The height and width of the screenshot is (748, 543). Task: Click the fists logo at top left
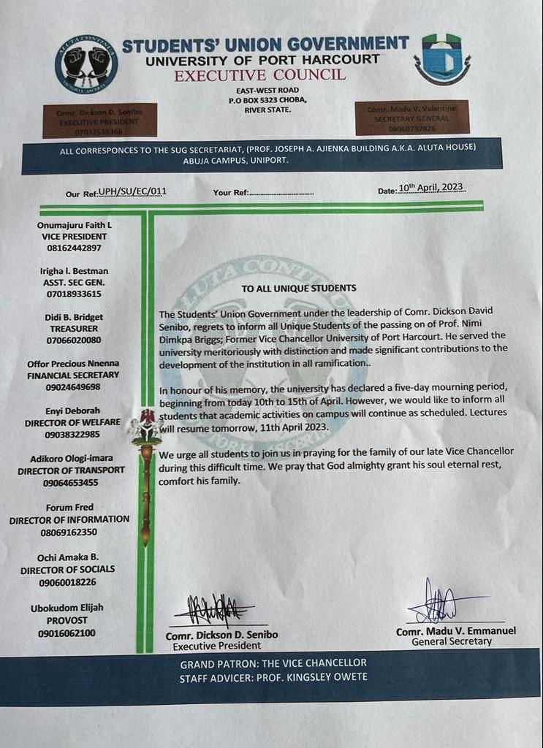tap(86, 64)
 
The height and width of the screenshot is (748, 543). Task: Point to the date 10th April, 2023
tap(431, 188)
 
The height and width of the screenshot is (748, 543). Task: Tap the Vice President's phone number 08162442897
tap(74, 248)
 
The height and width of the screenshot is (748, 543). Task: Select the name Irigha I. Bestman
tap(74, 271)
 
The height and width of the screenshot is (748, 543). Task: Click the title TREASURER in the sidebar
tap(74, 329)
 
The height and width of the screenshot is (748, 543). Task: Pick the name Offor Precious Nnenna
tap(73, 363)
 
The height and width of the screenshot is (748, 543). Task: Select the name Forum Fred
tap(72, 507)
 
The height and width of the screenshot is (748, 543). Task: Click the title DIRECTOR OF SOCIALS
tap(67, 569)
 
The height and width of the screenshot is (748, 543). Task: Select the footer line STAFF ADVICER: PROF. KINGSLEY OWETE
tap(273, 677)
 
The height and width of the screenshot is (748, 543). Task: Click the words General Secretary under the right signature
tap(452, 641)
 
